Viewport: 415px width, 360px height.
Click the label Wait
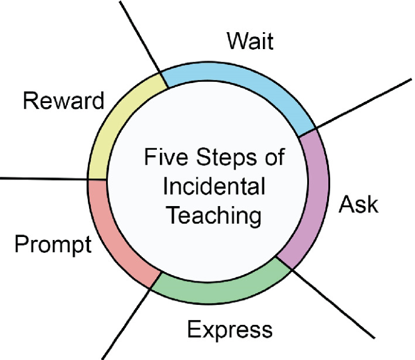[250, 42]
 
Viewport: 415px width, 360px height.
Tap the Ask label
[358, 205]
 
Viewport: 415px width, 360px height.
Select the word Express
[230, 330]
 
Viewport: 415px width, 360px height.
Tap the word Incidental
[214, 187]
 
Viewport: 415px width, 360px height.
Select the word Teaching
[214, 215]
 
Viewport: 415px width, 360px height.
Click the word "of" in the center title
[274, 159]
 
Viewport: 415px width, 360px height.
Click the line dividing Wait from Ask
[364, 103]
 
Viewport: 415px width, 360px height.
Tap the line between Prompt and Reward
[42, 178]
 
